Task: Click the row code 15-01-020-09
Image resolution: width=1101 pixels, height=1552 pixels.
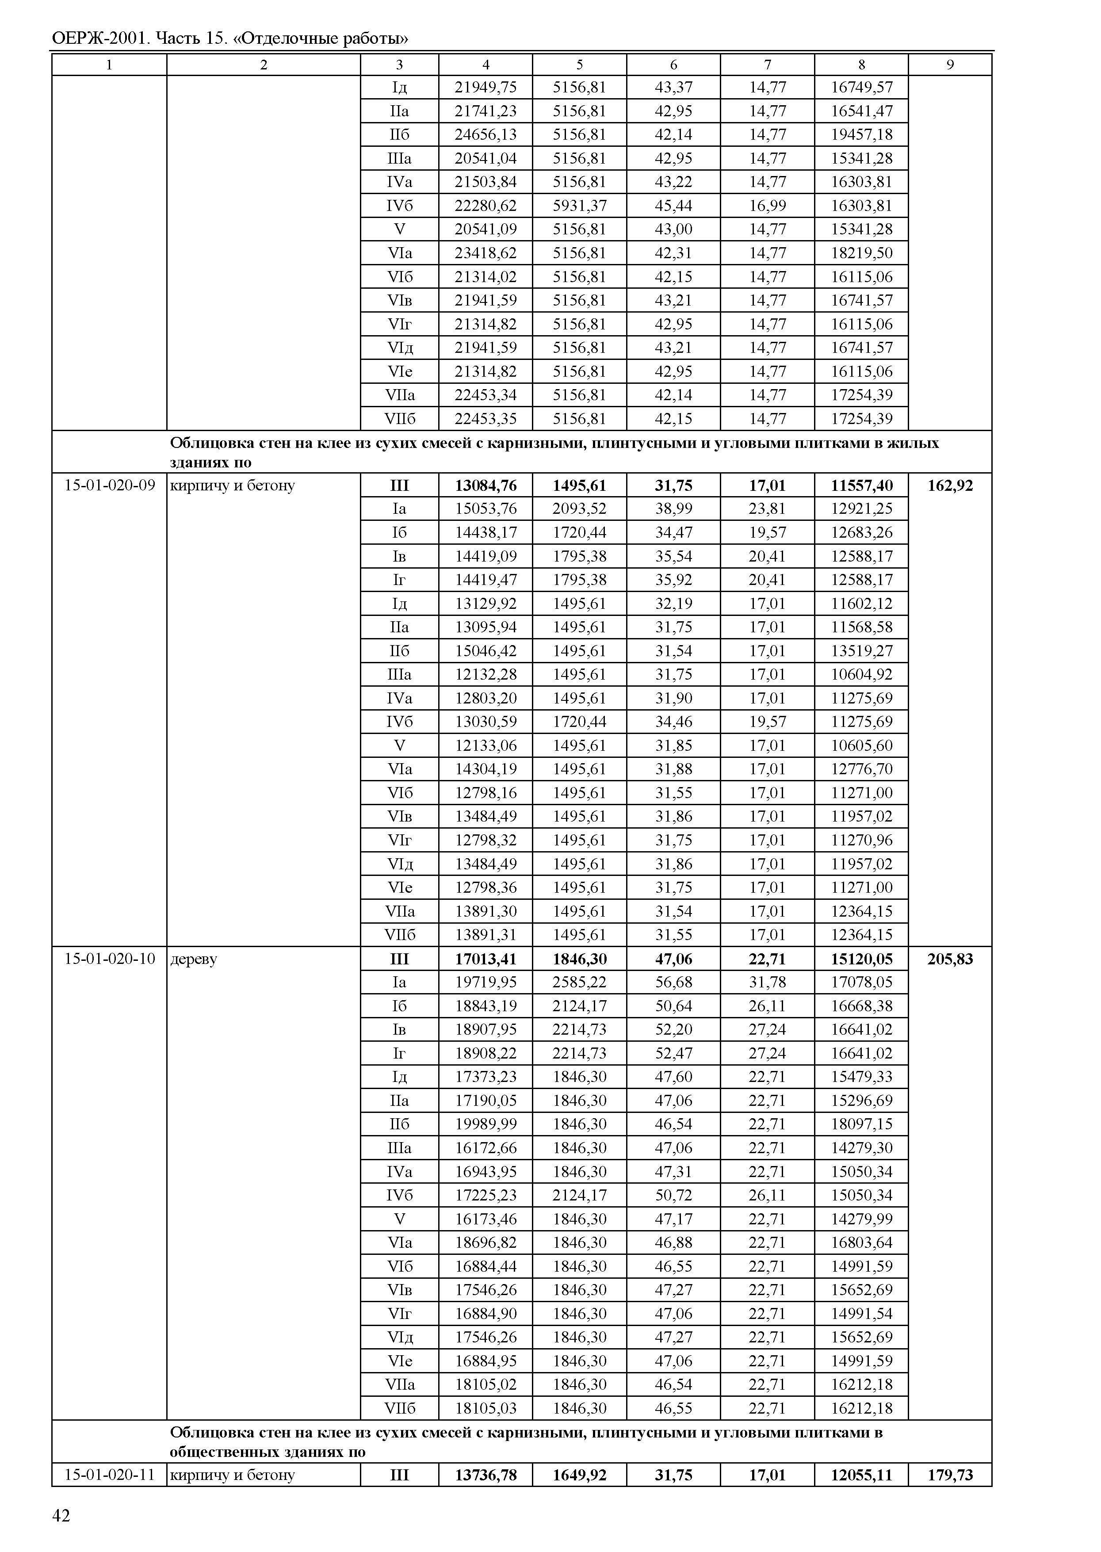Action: (109, 485)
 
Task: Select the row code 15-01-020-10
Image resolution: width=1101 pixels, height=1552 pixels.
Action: (109, 959)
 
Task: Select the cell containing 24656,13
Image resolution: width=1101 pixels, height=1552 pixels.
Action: (486, 134)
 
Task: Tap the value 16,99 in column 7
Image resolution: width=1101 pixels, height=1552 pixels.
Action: (768, 206)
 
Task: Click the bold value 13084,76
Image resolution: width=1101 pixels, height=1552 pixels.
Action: (486, 485)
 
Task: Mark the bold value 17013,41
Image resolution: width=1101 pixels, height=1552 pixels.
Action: (486, 959)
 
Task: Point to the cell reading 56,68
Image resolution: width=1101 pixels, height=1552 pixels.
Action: (673, 982)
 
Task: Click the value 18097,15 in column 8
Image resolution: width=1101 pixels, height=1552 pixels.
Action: (862, 1124)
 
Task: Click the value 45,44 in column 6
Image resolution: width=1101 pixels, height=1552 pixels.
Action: (673, 206)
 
